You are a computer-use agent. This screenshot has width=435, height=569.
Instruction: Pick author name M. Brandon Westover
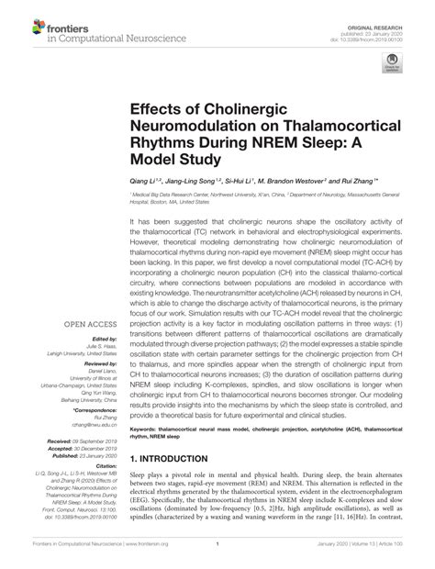coord(296,183)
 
